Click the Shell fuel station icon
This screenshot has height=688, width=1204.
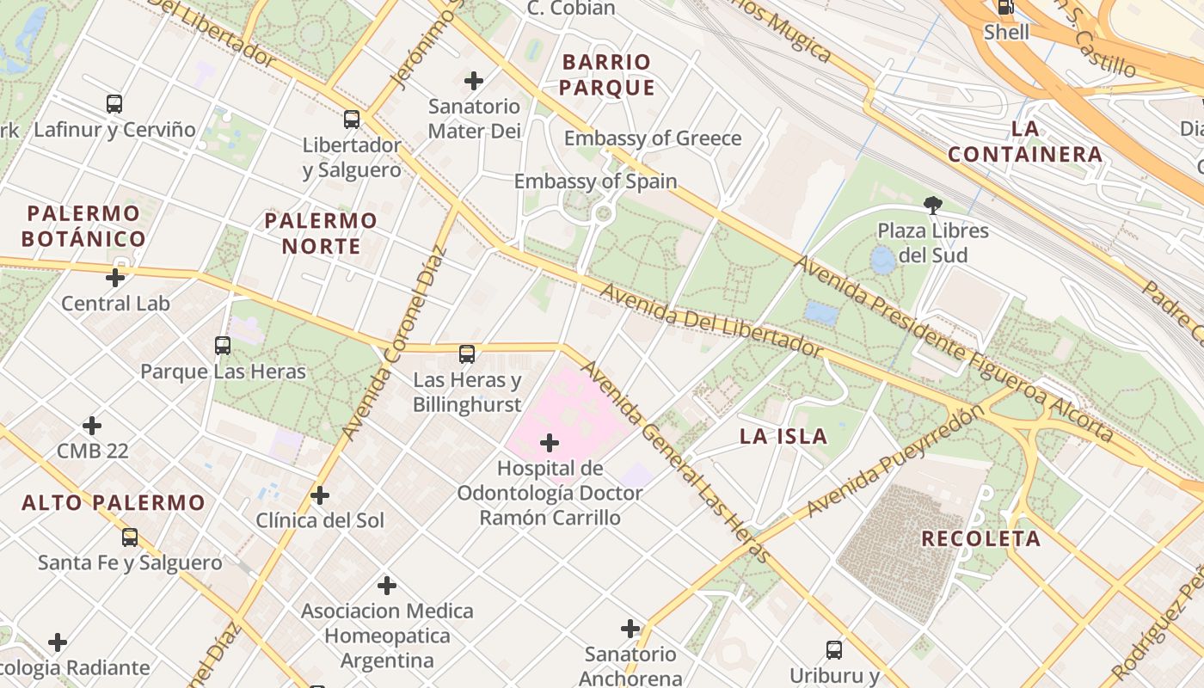tap(1004, 7)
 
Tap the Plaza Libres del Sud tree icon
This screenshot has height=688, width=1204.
tap(932, 205)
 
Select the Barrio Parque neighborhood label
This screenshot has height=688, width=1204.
tap(607, 75)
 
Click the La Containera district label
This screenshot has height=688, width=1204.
tap(1024, 142)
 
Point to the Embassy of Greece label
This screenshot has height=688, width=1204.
tap(652, 138)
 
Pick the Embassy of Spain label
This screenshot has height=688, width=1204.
tap(595, 181)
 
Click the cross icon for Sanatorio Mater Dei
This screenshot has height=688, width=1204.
tap(474, 81)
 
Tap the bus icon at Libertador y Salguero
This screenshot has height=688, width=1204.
tap(352, 119)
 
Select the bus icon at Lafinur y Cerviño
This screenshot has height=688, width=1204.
tap(114, 104)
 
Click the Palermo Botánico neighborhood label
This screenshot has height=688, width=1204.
tap(83, 226)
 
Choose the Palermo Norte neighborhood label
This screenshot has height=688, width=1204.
tap(321, 233)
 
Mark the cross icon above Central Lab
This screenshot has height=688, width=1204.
tap(115, 278)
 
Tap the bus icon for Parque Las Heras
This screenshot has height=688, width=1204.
tap(223, 346)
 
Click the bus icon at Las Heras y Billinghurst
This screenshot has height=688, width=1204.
tap(467, 353)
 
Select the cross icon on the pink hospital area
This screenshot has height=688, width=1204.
tap(550, 443)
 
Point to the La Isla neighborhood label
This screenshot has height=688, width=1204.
tap(783, 436)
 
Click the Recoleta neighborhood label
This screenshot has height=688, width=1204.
tap(980, 539)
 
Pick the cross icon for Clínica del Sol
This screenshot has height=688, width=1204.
tap(320, 495)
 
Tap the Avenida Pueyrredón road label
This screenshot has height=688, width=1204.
tap(894, 462)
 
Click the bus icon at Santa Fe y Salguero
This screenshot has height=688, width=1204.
tap(130, 537)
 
